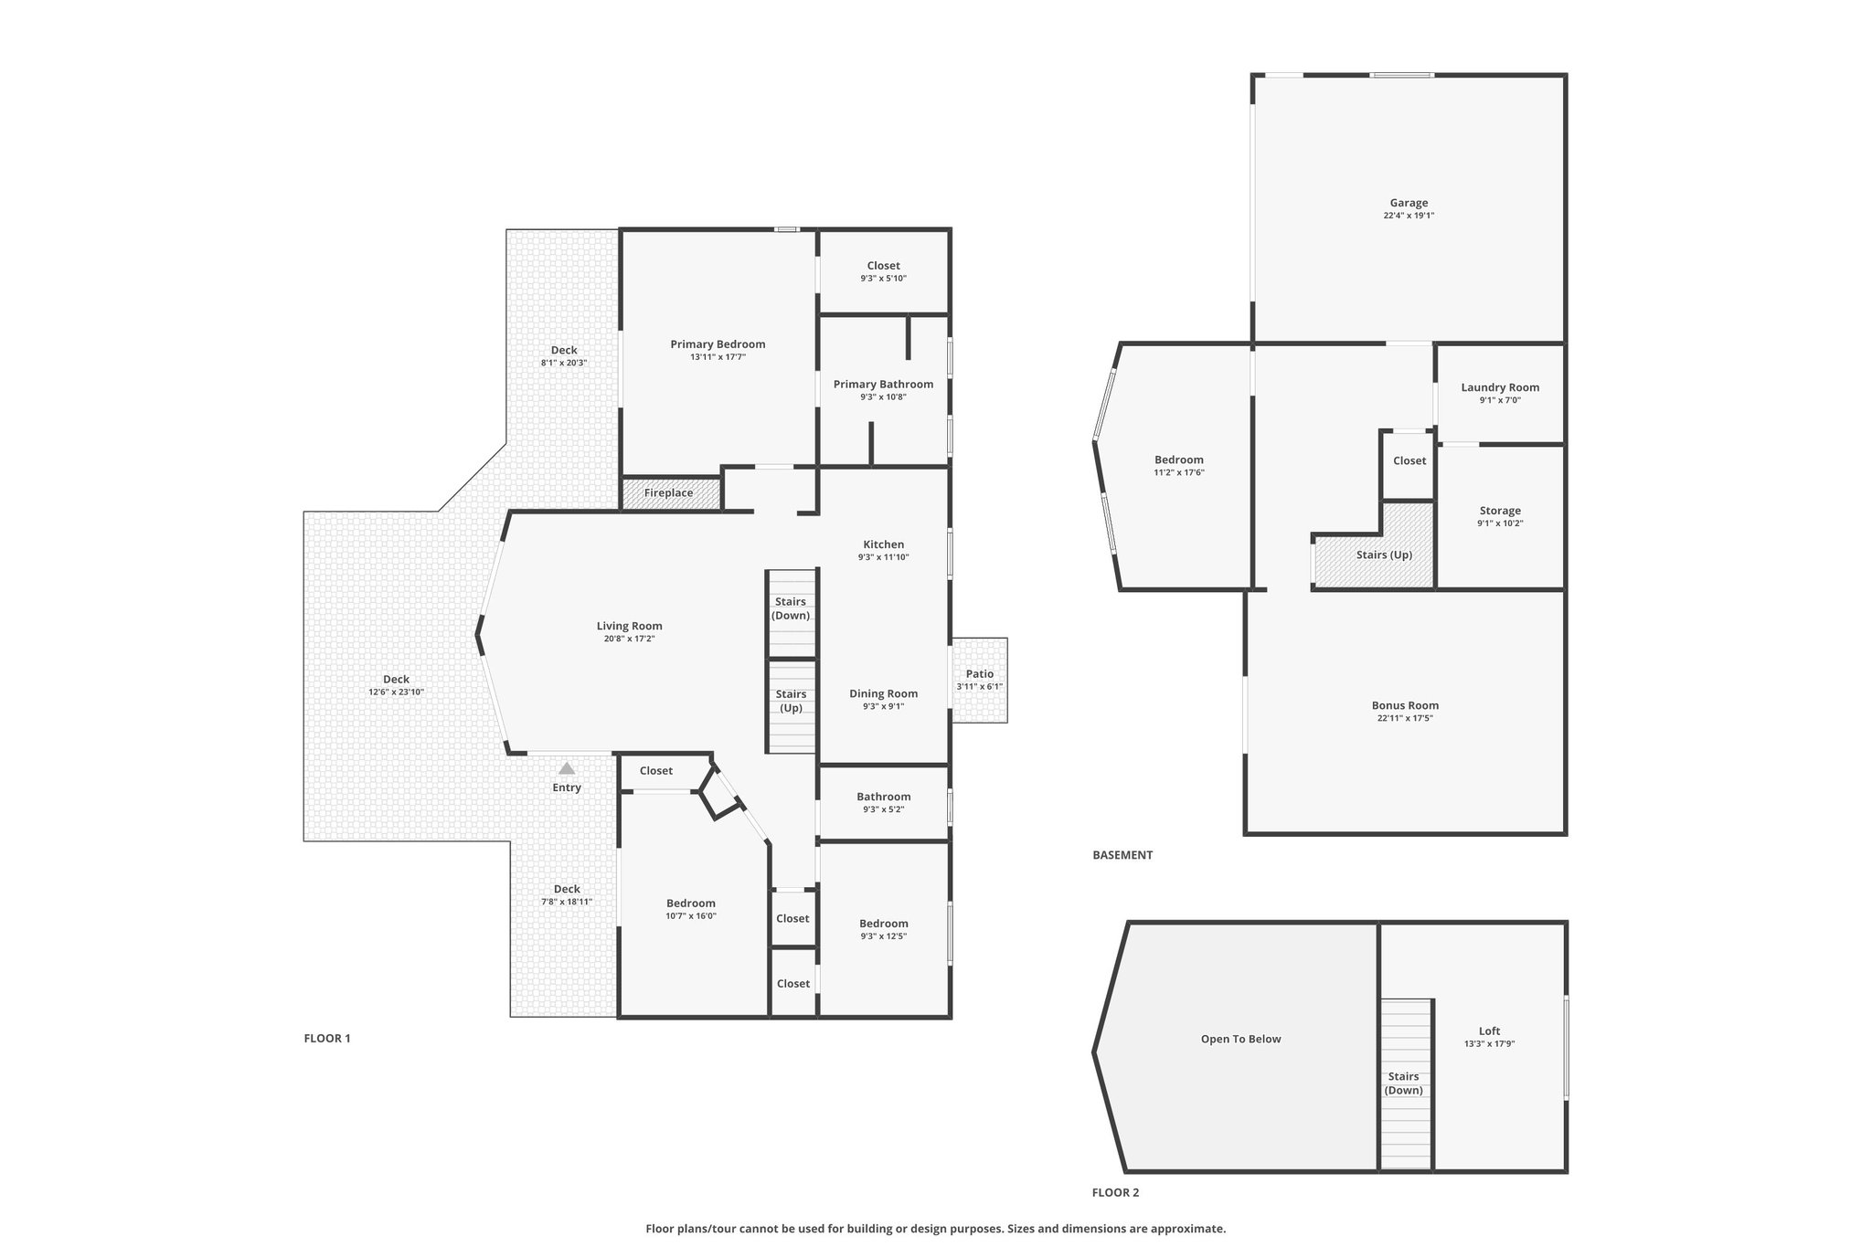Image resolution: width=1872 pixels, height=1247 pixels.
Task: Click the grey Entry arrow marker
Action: (x=567, y=768)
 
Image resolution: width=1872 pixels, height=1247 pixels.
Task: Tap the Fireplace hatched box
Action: (x=671, y=493)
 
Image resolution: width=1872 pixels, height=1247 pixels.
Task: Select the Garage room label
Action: (x=1409, y=203)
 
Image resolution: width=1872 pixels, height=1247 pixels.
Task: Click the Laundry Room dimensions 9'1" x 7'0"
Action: (x=1500, y=400)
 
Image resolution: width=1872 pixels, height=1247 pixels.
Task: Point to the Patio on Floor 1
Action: (x=980, y=681)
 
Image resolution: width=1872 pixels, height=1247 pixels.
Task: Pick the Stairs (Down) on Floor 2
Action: (x=1405, y=1084)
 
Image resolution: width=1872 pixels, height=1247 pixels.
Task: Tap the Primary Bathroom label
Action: (x=883, y=385)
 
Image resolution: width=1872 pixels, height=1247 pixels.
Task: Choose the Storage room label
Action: (x=1500, y=511)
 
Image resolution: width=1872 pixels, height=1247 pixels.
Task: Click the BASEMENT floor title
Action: (x=1122, y=855)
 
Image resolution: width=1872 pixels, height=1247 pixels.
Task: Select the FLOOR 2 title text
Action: (x=1115, y=1192)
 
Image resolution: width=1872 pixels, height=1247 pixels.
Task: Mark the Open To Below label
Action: (x=1240, y=1039)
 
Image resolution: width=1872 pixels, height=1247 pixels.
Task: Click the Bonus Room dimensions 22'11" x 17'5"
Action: (x=1405, y=718)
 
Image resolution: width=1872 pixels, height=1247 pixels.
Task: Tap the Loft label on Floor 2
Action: (x=1489, y=1031)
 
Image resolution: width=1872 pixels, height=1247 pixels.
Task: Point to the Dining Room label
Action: (x=883, y=693)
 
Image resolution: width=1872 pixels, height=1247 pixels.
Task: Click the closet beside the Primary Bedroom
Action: (x=883, y=271)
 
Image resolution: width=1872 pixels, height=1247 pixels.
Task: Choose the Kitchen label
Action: (x=883, y=544)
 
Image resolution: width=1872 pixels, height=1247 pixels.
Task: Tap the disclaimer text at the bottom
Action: (x=936, y=1229)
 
